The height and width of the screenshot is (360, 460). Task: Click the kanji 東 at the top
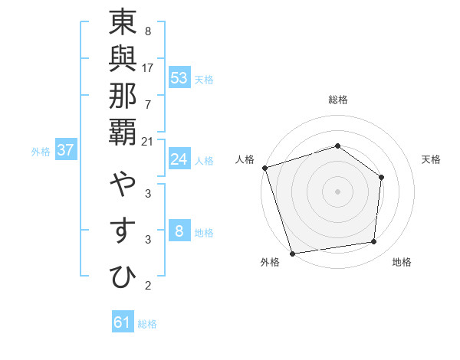point(123,24)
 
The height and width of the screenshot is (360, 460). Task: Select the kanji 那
point(123,96)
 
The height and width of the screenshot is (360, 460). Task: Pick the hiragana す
point(123,231)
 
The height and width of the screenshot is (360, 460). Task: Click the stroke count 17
point(148,67)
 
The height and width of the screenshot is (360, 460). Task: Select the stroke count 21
point(148,141)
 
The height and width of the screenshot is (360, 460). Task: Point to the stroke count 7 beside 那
point(148,103)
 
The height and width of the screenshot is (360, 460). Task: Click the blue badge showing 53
point(179,78)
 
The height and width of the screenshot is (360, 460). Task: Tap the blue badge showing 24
point(179,159)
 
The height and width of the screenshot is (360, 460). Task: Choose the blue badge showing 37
point(65,150)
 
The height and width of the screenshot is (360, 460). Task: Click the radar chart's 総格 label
point(338,100)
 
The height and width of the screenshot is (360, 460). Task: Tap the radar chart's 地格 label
point(402,262)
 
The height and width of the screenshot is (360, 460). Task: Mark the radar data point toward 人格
point(264,168)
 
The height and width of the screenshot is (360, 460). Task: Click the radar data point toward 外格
point(292,253)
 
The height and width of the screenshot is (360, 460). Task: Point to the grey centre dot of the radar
point(337,191)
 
